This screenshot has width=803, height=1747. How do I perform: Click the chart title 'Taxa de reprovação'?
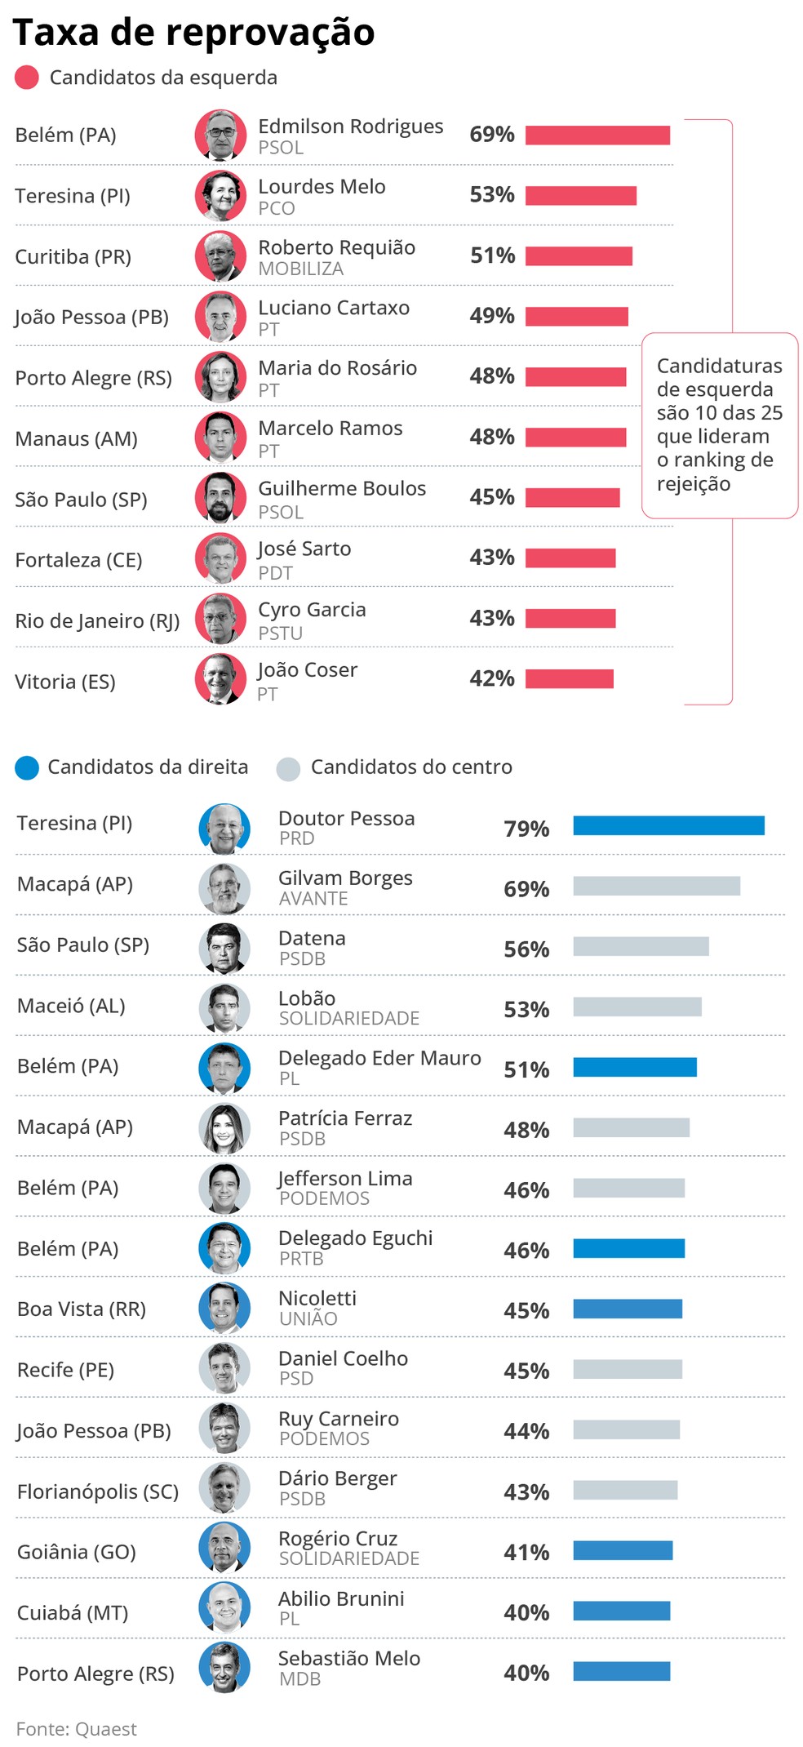click(193, 33)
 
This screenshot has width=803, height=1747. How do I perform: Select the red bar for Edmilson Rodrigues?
click(597, 136)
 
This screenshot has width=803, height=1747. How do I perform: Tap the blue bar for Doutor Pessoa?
click(668, 825)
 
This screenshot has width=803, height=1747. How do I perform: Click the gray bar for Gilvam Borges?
click(656, 886)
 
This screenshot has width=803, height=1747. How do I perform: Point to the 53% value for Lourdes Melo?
click(491, 195)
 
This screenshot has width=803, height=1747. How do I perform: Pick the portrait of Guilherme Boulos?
click(220, 497)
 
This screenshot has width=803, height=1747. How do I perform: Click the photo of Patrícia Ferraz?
click(224, 1128)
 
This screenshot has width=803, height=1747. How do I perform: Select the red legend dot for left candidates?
click(27, 78)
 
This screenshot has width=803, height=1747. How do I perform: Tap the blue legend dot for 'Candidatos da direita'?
click(27, 767)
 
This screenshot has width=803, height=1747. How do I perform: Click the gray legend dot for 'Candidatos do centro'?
click(288, 768)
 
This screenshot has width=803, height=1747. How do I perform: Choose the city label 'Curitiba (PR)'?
click(73, 256)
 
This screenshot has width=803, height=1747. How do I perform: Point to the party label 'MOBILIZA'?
click(300, 269)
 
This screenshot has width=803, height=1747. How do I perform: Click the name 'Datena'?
click(312, 938)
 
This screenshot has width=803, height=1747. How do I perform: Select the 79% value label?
click(526, 829)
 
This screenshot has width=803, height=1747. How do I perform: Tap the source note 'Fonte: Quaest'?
click(77, 1728)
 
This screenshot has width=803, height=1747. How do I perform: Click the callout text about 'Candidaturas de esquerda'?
click(719, 425)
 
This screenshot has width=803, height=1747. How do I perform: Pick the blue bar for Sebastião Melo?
click(621, 1671)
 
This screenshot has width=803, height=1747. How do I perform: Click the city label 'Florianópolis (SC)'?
click(98, 1491)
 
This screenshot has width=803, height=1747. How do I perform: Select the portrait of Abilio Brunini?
click(224, 1608)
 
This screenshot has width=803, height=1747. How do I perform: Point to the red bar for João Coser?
click(569, 679)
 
